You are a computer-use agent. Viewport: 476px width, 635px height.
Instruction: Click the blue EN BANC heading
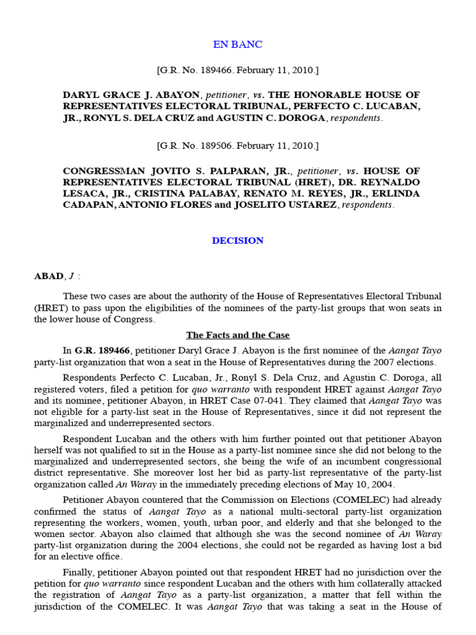237,45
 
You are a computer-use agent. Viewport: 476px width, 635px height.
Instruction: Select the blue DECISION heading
237,241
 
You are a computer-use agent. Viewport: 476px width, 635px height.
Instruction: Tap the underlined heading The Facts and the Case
237,335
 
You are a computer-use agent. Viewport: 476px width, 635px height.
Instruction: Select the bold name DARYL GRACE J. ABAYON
131,95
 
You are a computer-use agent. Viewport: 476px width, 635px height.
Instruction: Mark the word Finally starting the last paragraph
80,572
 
